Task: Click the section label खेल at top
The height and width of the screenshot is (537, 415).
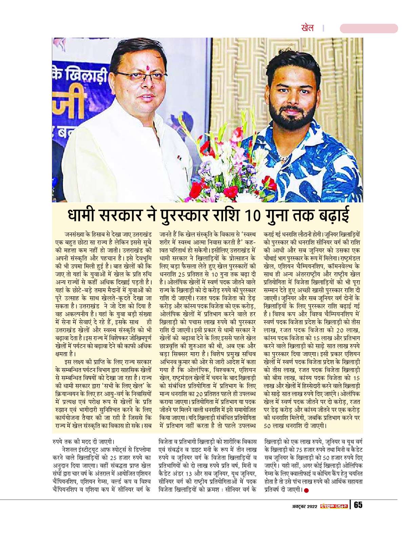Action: point(308,28)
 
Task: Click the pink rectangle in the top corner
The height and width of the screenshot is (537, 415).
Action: point(369,28)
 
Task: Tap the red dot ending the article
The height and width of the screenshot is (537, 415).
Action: point(307,490)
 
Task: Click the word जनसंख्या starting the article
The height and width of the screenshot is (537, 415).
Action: point(75,234)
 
